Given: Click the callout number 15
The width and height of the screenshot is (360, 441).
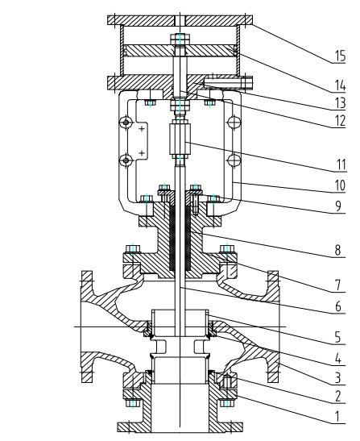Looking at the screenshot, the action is pyautogui.click(x=340, y=56).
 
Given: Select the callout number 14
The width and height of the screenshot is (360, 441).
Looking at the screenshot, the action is pyautogui.click(x=340, y=85).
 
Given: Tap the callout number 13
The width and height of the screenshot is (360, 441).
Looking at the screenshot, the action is pyautogui.click(x=340, y=103).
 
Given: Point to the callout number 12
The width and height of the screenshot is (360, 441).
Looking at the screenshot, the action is pyautogui.click(x=340, y=121).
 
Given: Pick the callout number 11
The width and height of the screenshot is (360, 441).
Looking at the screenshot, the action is pyautogui.click(x=341, y=164).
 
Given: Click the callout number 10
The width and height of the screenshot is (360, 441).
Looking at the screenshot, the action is pyautogui.click(x=340, y=185).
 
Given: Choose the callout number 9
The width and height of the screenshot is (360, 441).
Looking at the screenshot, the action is pyautogui.click(x=338, y=206).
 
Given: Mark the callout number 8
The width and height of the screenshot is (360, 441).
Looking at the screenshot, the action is pyautogui.click(x=337, y=250).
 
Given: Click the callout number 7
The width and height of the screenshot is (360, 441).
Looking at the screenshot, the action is pyautogui.click(x=337, y=285).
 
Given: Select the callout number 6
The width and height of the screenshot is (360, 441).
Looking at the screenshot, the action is pyautogui.click(x=338, y=306).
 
